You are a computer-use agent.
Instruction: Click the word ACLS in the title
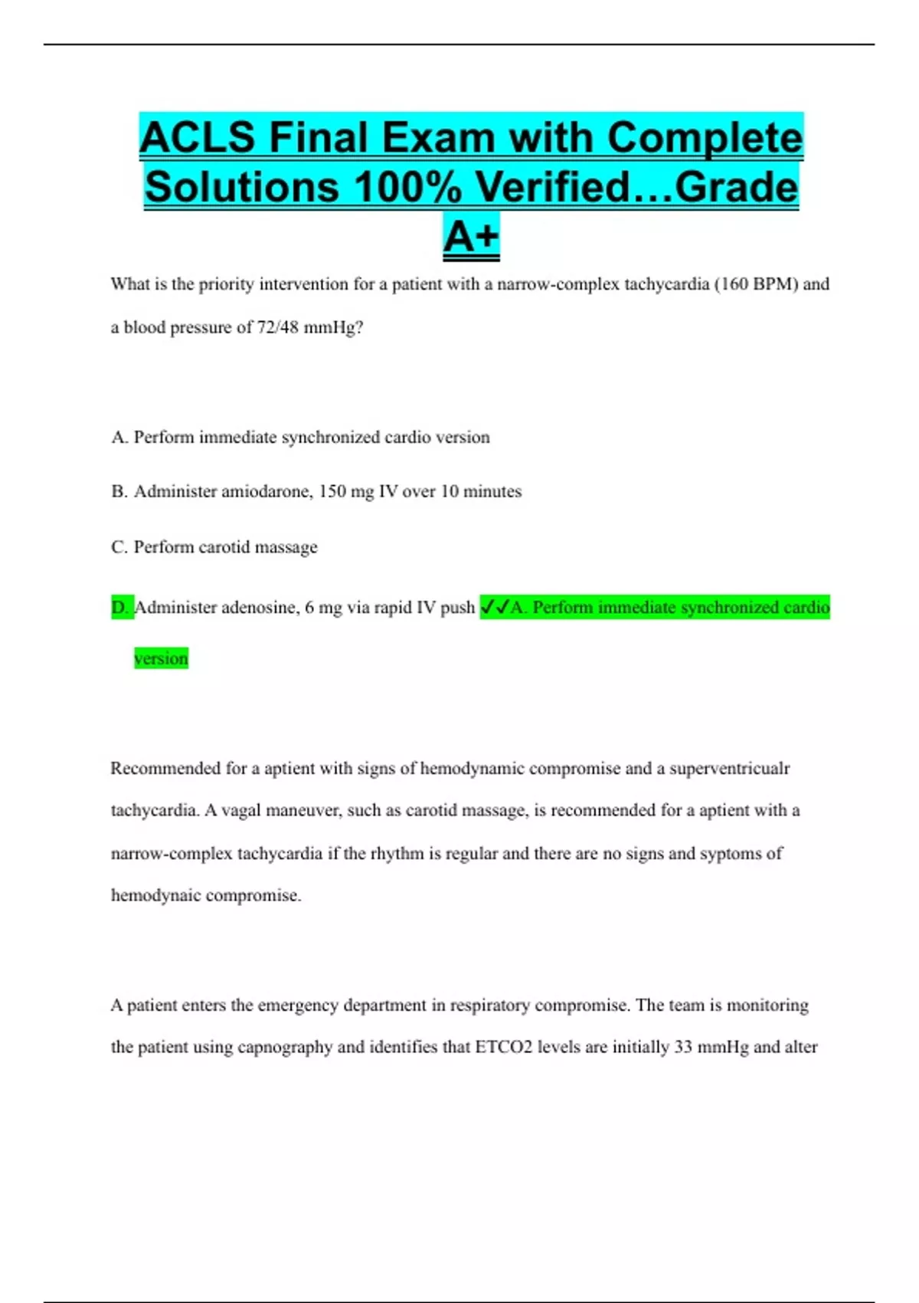[197, 138]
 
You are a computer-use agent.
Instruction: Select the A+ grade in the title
[471, 236]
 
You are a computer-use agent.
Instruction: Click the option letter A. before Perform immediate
[119, 438]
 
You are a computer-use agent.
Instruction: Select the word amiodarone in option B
[267, 492]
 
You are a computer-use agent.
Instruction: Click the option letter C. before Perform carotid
[119, 547]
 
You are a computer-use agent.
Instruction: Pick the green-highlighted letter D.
[121, 608]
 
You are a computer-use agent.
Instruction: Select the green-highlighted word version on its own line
[161, 658]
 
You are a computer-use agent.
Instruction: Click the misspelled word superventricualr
[729, 769]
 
